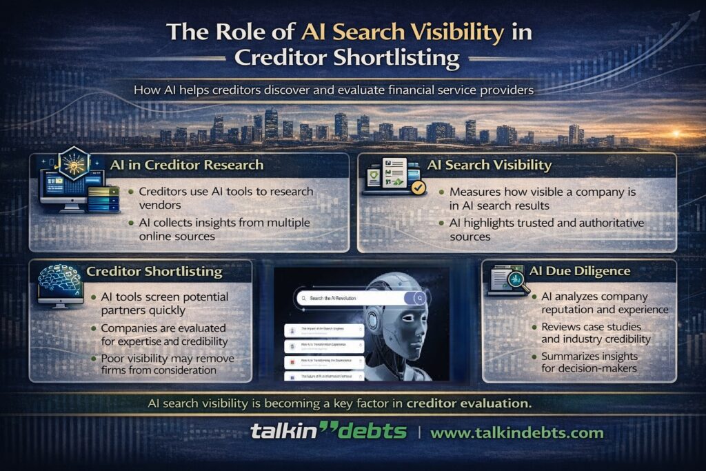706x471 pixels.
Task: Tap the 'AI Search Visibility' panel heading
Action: (x=489, y=166)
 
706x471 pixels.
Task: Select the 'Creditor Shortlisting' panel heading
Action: (x=154, y=271)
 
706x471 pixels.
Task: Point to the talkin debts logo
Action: (x=327, y=432)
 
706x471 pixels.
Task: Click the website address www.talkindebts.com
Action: (x=516, y=433)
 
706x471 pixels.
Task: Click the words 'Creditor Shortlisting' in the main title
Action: (x=347, y=57)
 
